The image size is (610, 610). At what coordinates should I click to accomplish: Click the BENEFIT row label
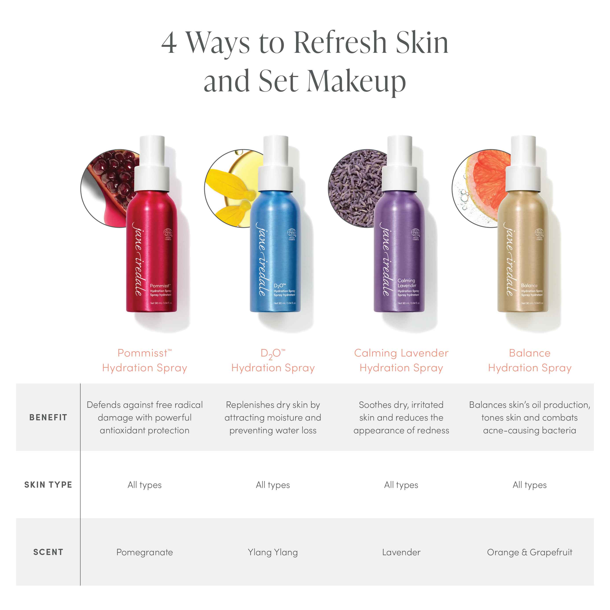tap(48, 417)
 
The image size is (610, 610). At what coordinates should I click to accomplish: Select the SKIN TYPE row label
tap(48, 485)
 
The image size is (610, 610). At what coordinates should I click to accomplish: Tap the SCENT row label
tap(48, 552)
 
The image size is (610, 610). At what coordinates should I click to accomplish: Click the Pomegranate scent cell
tap(145, 552)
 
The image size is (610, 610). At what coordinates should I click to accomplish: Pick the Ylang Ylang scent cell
tap(273, 552)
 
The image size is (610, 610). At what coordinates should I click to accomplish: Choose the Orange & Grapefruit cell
tap(529, 552)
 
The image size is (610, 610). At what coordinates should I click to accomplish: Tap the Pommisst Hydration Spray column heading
tap(145, 360)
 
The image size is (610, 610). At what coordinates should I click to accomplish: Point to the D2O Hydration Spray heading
tap(273, 360)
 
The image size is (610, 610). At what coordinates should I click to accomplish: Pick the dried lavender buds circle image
tap(354, 189)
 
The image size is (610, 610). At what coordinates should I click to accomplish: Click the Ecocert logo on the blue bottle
tap(291, 233)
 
